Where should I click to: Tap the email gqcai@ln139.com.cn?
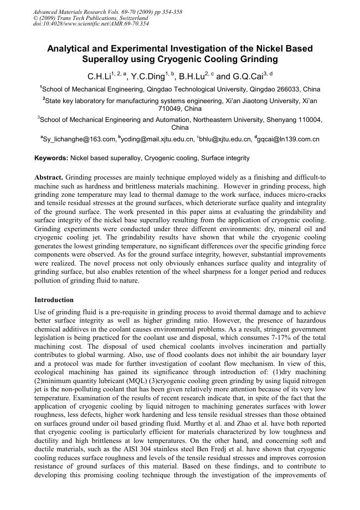click(x=289, y=140)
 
